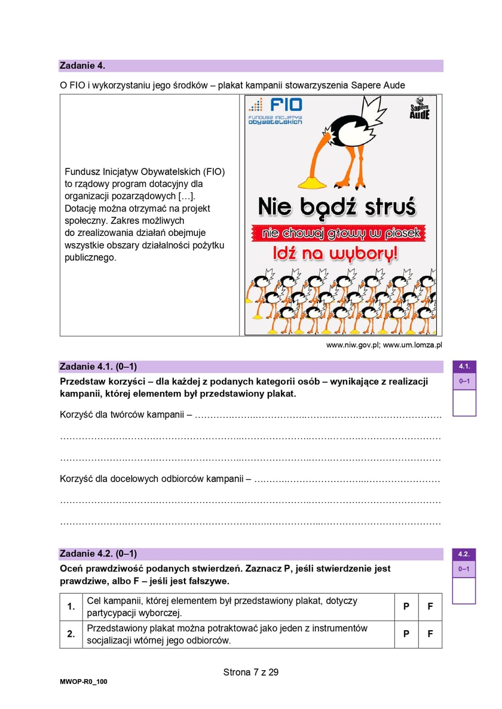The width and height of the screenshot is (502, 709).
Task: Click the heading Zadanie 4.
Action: pos(82,66)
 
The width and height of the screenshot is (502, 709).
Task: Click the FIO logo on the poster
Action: pos(276,109)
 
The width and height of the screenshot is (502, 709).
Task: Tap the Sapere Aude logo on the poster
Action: pos(420,108)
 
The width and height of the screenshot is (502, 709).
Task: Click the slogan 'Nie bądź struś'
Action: pos(336,207)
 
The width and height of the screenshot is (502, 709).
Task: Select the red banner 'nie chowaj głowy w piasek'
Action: pos(340,232)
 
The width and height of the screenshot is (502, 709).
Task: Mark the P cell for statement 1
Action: pos(406,607)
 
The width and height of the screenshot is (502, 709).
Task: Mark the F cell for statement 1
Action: pos(430,607)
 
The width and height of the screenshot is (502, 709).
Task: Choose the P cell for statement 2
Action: pos(406,634)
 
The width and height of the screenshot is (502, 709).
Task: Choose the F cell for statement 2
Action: pos(430,634)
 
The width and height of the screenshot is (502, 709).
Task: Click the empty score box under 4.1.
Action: pos(464,403)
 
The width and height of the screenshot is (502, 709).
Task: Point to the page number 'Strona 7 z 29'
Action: pos(251,673)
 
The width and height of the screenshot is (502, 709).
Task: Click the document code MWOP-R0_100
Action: pos(84,682)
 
